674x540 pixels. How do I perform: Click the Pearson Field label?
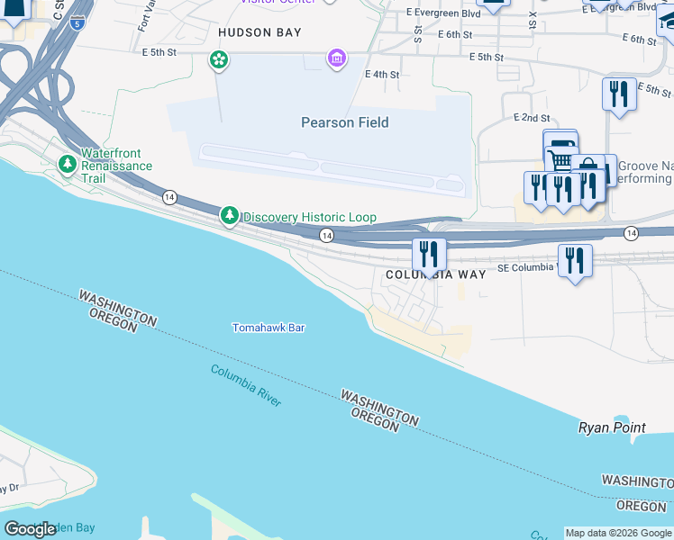point(345,122)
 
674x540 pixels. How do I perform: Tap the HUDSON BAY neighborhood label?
point(260,32)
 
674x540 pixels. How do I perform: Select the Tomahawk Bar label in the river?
point(269,328)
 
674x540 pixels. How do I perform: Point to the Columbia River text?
point(246,385)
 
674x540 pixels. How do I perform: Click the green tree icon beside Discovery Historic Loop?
point(231,216)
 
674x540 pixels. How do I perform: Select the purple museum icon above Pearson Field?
point(337,59)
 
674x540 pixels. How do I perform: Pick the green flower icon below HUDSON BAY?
point(218,60)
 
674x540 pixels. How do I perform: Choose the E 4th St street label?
point(382,75)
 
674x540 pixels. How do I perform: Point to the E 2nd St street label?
point(532,118)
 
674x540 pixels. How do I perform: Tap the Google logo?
point(31,529)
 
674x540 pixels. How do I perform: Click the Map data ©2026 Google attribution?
point(618,533)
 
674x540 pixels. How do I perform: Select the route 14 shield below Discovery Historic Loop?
point(327,235)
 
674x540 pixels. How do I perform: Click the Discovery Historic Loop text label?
point(309,217)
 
